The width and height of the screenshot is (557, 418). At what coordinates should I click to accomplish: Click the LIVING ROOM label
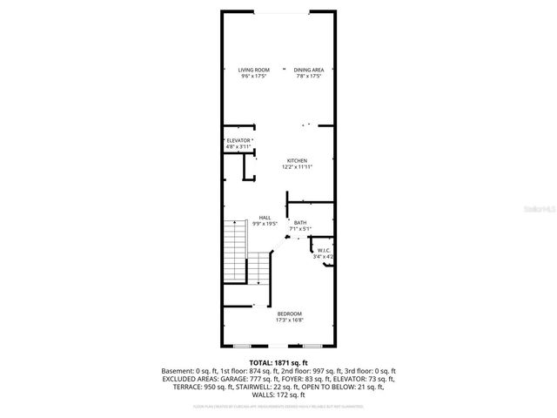255,70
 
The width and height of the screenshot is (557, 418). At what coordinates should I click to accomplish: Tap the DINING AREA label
308,70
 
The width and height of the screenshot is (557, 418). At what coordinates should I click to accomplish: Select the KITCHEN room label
298,161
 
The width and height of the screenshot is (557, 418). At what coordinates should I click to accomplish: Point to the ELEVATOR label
238,140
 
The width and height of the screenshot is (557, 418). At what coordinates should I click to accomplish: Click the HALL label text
265,218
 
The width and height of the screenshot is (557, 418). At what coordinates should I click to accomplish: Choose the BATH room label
299,223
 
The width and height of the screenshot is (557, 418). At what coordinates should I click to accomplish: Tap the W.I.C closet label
324,251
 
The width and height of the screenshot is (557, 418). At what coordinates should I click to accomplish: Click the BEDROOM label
289,313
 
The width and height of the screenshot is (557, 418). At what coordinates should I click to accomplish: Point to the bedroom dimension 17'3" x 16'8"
289,320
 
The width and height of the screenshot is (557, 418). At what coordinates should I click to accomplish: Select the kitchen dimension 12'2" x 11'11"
298,167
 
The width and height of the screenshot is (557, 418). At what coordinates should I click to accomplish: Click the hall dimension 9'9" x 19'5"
265,224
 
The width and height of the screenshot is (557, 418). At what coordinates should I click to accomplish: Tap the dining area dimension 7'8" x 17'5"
308,77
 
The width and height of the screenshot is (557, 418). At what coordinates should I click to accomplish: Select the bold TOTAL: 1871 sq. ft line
278,362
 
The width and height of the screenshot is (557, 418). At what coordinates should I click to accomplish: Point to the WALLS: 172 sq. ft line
278,394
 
